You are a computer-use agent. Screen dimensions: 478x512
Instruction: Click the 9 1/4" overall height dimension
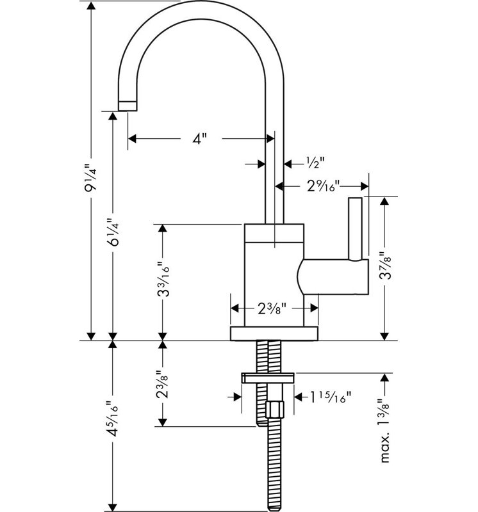tap(91, 178)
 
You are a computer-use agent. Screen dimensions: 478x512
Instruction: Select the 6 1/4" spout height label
tap(113, 232)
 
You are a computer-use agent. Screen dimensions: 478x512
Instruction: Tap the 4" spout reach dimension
tap(200, 139)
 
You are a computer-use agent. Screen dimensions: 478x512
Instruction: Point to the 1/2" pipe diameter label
tap(315, 163)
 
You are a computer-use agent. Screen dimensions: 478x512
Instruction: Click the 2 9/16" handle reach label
tap(324, 186)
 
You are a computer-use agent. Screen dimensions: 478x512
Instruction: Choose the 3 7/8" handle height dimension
tap(385, 266)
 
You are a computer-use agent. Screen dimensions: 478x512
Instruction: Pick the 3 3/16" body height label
tap(163, 279)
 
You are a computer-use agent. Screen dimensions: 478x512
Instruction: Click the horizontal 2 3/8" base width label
tap(272, 308)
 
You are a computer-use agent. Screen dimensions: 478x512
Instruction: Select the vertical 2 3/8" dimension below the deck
tap(163, 385)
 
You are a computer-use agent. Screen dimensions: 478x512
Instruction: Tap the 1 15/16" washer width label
tap(330, 397)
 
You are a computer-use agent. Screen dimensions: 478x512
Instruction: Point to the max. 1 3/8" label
tap(385, 430)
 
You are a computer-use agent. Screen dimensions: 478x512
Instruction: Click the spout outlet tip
tap(128, 106)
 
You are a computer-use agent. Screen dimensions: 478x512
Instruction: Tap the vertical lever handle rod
tap(356, 229)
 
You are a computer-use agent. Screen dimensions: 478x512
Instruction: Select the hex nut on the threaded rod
tap(275, 410)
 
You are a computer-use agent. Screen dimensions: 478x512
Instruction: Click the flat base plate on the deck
tap(274, 333)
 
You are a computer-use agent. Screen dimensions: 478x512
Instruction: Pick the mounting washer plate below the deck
tap(268, 378)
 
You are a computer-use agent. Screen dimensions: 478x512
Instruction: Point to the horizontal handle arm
tap(333, 277)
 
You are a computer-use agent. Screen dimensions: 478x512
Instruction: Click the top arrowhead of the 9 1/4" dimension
tap(91, 6)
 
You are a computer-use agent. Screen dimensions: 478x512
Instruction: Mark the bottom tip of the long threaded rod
tap(274, 511)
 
